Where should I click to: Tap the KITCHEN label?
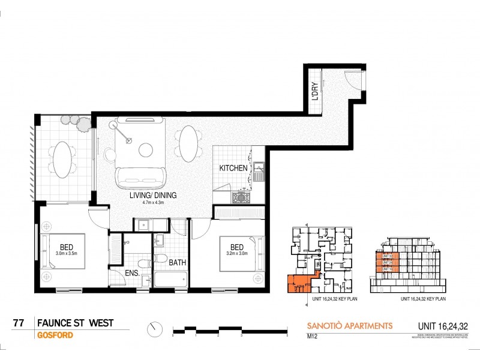click(233, 168)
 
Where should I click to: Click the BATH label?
click(177, 262)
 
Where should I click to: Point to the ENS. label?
click(133, 274)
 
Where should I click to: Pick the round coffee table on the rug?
click(146, 149)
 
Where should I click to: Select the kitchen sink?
click(259, 172)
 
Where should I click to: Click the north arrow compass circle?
click(155, 329)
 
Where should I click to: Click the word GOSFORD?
click(55, 335)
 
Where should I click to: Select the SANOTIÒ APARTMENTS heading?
click(349, 326)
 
